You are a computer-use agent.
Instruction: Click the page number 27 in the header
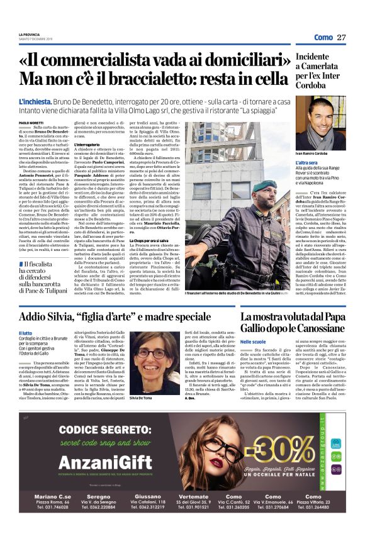click(x=342, y=38)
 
